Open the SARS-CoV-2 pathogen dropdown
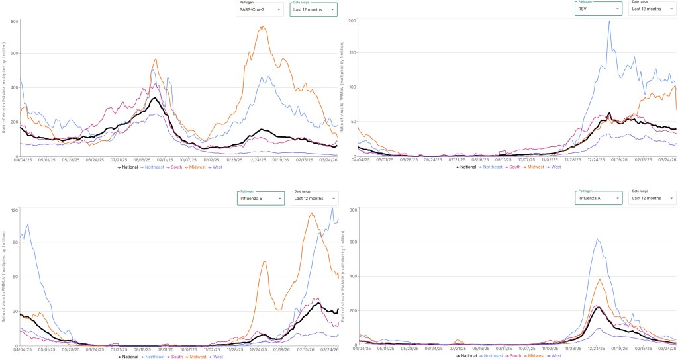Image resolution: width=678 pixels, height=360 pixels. pyautogui.click(x=260, y=10)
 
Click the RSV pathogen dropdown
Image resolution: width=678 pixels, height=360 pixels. pyautogui.click(x=599, y=9)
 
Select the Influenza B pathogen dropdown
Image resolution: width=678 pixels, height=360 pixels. pyautogui.click(x=260, y=198)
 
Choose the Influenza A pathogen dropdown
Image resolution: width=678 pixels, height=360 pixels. pyautogui.click(x=599, y=198)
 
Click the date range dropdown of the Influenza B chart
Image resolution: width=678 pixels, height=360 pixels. pyautogui.click(x=313, y=198)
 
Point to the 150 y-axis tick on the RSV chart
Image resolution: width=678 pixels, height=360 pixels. pyautogui.click(x=353, y=53)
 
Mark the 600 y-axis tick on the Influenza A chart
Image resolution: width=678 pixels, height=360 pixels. pyautogui.click(x=353, y=242)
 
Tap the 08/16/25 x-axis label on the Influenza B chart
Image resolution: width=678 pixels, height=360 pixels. pyautogui.click(x=162, y=349)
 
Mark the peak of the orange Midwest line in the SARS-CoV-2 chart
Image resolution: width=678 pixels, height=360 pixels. pyautogui.click(x=263, y=27)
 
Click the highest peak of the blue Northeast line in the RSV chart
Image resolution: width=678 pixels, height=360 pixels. pyautogui.click(x=610, y=21)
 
